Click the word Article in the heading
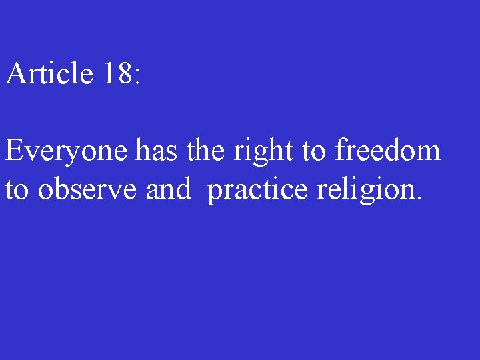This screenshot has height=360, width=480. (x=49, y=73)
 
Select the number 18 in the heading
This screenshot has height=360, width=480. (x=117, y=73)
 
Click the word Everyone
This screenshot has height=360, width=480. (x=67, y=152)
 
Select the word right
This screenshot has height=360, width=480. (x=263, y=152)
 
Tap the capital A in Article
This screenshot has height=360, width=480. (x=16, y=73)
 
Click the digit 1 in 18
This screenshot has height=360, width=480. (x=109, y=73)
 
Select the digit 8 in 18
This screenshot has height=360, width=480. (x=125, y=73)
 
